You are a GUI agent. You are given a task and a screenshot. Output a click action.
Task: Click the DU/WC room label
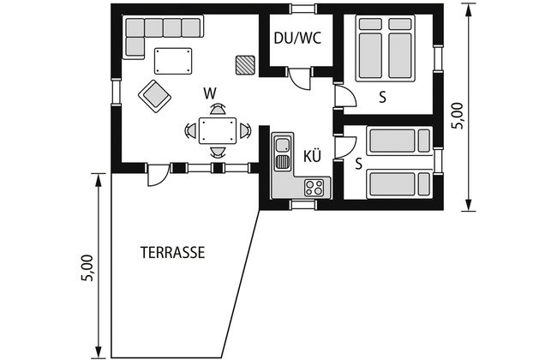click(x=297, y=38)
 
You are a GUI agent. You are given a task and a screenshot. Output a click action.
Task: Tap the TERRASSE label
click(x=173, y=252)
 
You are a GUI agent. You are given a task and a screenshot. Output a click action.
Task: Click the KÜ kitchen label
click(x=312, y=156)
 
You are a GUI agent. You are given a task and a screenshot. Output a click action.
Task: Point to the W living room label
click(x=210, y=93)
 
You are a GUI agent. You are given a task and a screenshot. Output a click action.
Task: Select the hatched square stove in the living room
click(x=245, y=65)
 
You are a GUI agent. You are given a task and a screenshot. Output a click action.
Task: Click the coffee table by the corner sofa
click(x=173, y=61)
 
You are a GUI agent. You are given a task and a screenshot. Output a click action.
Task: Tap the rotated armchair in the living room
click(x=154, y=96)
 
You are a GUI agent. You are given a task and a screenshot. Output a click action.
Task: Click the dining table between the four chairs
click(x=218, y=131)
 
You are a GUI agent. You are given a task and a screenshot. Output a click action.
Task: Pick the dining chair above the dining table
click(x=218, y=109)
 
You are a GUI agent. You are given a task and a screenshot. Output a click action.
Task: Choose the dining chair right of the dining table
click(x=245, y=131)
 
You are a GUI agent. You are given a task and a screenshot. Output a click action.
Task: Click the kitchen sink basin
click(x=283, y=145)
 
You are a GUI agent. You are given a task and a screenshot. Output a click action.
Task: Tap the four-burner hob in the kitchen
click(x=314, y=187)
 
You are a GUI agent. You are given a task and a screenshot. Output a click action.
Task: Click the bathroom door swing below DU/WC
click(x=300, y=78)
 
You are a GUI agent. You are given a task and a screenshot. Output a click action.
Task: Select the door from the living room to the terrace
click(x=159, y=175)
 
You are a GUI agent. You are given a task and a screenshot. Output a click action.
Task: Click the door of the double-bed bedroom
click(x=344, y=95)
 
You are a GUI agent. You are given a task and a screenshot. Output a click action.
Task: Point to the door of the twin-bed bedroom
click(x=345, y=147)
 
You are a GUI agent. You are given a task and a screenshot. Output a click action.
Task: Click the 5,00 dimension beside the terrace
click(x=87, y=268)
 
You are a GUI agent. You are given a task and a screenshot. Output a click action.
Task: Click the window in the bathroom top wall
click(x=303, y=9)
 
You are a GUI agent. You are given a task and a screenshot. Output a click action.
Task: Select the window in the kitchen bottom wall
click(x=303, y=205)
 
